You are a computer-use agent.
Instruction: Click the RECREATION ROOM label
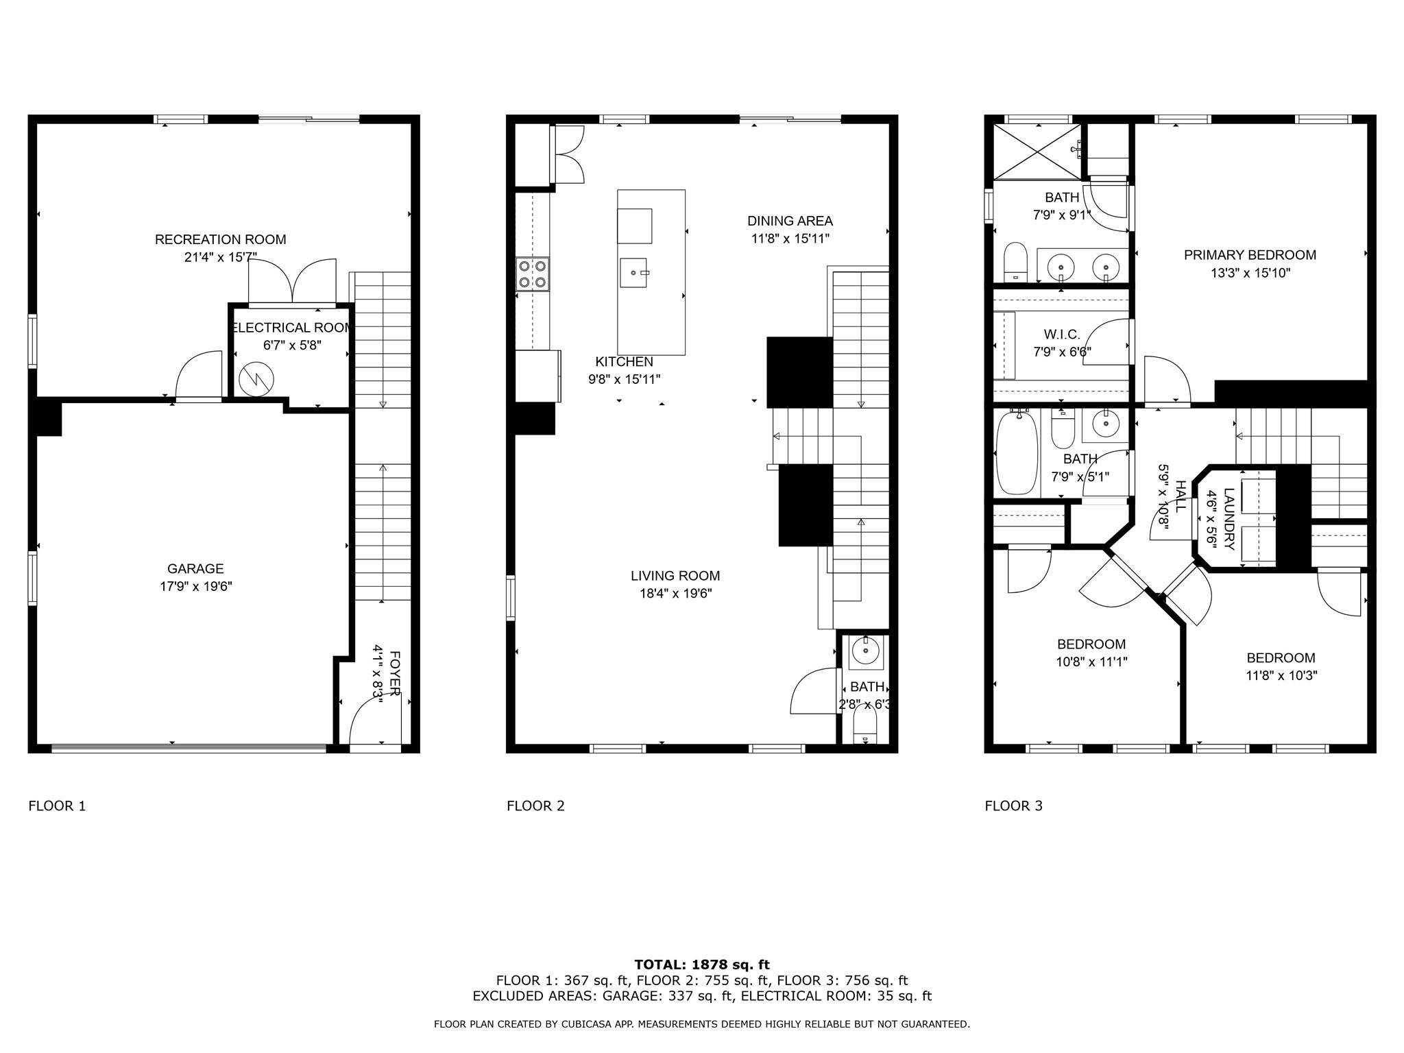[220, 239]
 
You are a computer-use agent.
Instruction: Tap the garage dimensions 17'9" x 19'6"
[195, 586]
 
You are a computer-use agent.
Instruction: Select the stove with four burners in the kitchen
[533, 274]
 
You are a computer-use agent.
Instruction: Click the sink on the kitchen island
[633, 273]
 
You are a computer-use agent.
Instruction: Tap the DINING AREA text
[790, 221]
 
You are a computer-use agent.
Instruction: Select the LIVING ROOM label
[675, 576]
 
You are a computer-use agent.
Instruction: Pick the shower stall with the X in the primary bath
[1036, 152]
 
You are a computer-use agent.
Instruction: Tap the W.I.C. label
[1062, 335]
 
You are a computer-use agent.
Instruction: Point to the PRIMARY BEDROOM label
[1250, 255]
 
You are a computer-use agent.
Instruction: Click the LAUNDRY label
[1229, 518]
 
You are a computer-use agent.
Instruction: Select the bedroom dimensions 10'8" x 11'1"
[1091, 662]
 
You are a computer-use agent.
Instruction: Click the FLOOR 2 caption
[535, 806]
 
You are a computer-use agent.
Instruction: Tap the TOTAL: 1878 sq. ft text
[702, 965]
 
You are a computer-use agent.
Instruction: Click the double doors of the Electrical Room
[293, 282]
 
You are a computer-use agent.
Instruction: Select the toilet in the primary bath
[1015, 263]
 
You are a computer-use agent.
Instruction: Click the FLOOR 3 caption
[1013, 806]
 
